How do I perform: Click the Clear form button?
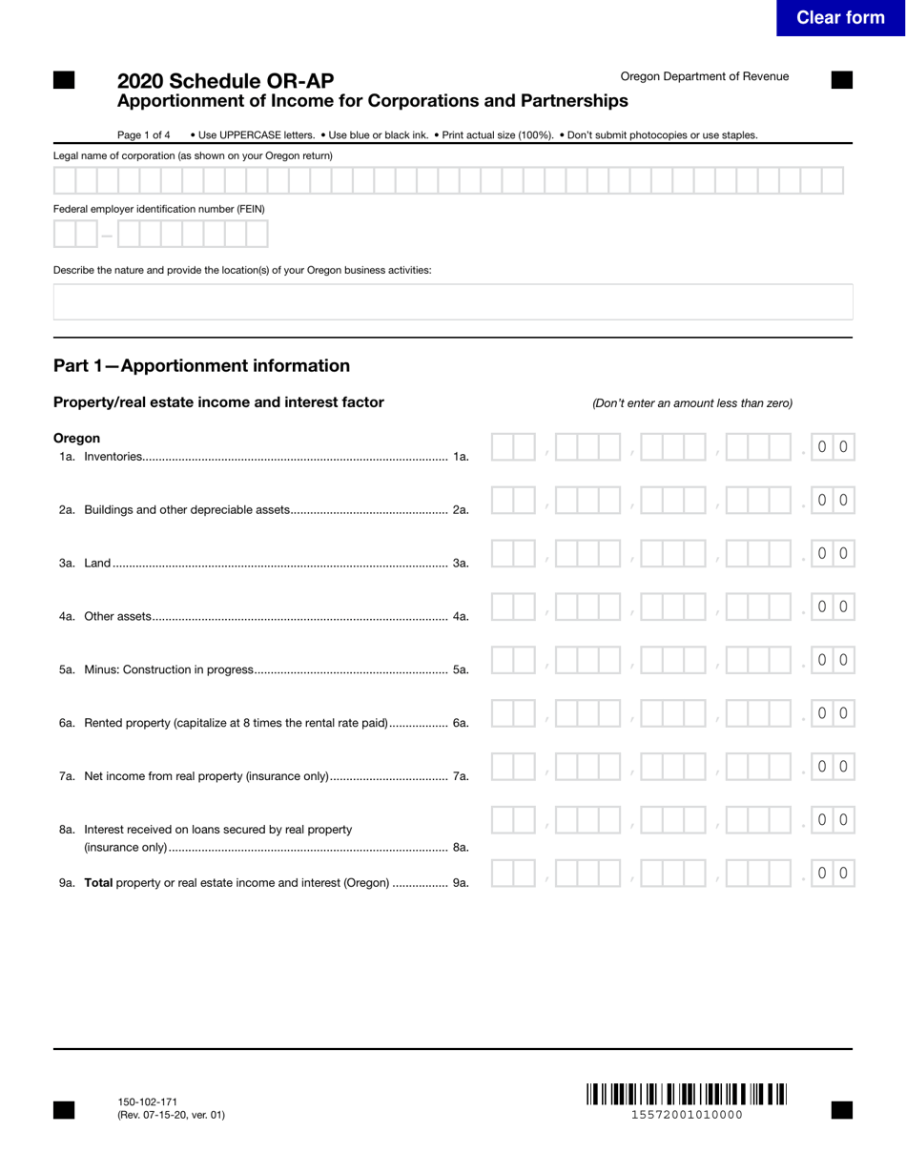(840, 18)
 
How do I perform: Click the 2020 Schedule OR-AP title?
(225, 81)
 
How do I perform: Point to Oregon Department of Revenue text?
(704, 76)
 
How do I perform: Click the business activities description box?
(452, 301)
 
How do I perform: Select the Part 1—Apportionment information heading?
(201, 366)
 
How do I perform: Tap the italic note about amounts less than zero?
(691, 403)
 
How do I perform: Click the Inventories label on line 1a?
(113, 457)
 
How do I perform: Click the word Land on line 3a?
(97, 564)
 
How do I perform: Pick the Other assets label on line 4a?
(117, 617)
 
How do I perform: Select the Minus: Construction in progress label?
(169, 670)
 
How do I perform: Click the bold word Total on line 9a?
(98, 883)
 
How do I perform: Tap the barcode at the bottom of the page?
(686, 1094)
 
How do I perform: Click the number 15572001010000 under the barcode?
(686, 1115)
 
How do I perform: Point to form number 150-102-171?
(147, 1101)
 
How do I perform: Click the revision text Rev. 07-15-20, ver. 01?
(172, 1115)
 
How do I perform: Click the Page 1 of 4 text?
(144, 135)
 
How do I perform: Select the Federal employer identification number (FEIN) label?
(158, 209)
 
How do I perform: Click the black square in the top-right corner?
(841, 80)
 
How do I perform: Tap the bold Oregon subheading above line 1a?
(76, 439)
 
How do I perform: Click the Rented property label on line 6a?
(236, 723)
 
